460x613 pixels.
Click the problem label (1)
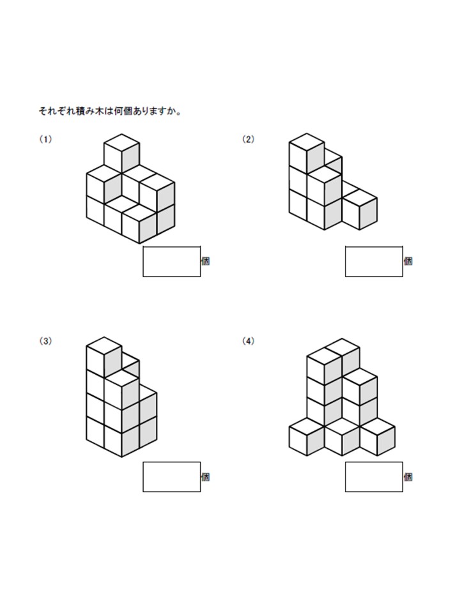(x=45, y=139)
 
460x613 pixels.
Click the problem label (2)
(x=248, y=139)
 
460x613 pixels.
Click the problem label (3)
(x=45, y=341)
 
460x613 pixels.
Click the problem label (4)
(x=248, y=341)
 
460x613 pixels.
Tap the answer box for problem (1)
(x=172, y=262)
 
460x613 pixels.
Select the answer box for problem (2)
(x=374, y=262)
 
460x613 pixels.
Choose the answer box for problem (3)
(x=172, y=476)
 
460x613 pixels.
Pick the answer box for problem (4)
(x=374, y=476)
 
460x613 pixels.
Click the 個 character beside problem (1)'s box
(x=206, y=261)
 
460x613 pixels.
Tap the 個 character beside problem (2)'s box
(x=408, y=261)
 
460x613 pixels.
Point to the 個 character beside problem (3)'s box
(x=206, y=476)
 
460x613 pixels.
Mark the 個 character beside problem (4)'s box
(x=408, y=476)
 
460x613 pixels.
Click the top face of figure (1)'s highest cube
(x=121, y=142)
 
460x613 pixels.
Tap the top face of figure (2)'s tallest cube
(x=307, y=142)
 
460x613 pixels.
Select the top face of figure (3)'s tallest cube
(x=103, y=345)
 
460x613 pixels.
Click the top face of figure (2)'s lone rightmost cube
(x=360, y=198)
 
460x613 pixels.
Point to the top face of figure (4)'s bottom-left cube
(x=307, y=426)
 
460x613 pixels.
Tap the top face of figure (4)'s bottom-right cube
(x=377, y=426)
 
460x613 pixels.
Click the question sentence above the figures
(x=110, y=112)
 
